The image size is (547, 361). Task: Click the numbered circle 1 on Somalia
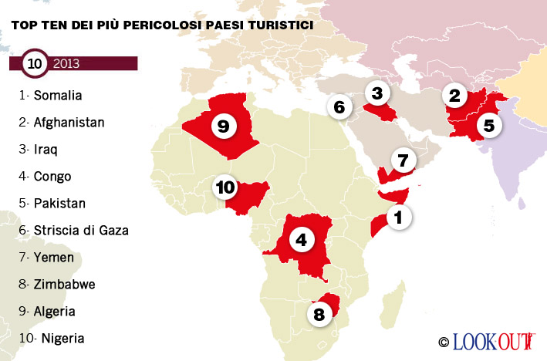tap(398, 218)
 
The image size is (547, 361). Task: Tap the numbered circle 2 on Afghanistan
tap(454, 96)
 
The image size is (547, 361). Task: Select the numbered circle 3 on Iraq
tap(376, 94)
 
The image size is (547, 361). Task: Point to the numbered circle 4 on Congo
tap(302, 240)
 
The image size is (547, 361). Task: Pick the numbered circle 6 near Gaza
tap(338, 107)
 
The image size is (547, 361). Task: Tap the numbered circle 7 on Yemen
tap(403, 161)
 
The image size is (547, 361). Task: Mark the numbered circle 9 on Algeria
tap(223, 127)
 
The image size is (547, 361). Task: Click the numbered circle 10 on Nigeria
tap(225, 187)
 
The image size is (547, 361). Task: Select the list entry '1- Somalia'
tap(51, 96)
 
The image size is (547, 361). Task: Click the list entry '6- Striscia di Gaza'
tap(74, 230)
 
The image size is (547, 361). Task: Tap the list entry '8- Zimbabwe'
tap(58, 284)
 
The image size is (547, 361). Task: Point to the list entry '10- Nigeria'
tap(52, 338)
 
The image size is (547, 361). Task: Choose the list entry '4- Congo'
tap(46, 176)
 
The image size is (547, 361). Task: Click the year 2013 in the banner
tap(66, 63)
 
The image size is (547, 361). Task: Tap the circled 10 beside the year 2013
tap(35, 63)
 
